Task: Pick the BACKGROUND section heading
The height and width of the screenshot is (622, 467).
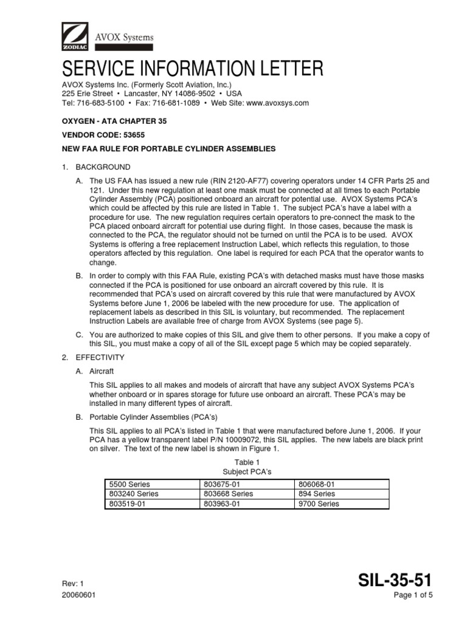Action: pyautogui.click(x=102, y=167)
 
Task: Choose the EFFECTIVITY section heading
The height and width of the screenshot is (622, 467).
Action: pyautogui.click(x=100, y=357)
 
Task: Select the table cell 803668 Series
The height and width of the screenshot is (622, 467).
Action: pyautogui.click(x=228, y=494)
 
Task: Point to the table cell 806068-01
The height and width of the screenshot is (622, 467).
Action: pyautogui.click(x=316, y=484)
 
